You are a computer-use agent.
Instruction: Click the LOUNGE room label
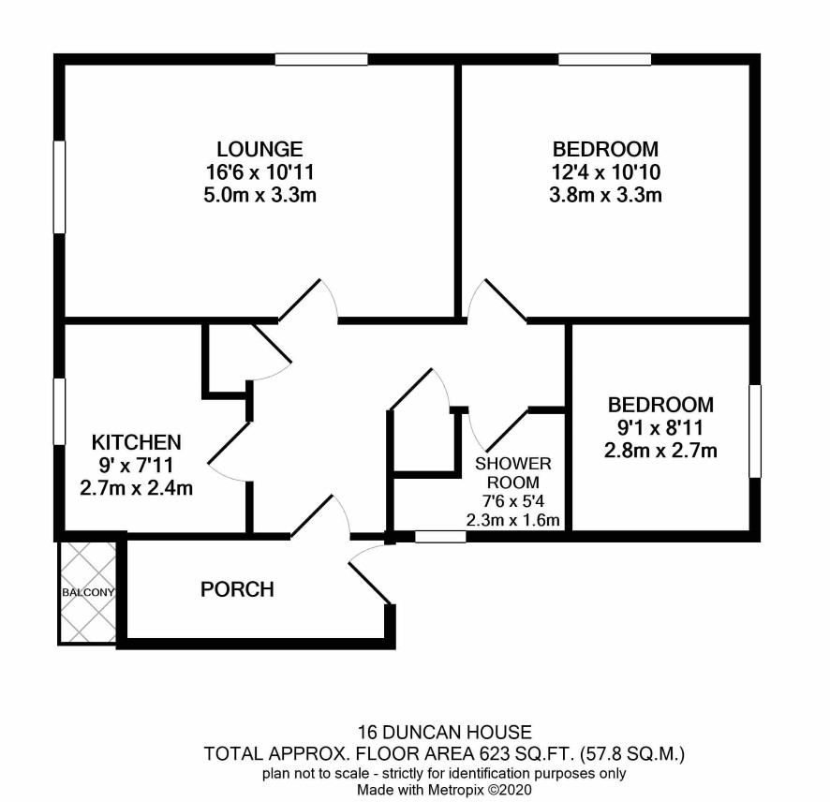click(x=259, y=149)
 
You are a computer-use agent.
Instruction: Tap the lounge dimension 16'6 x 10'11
click(x=259, y=172)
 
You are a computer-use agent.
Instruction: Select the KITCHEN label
click(x=137, y=442)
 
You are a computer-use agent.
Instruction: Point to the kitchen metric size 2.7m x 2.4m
click(x=137, y=487)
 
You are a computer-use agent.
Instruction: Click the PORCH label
click(x=237, y=589)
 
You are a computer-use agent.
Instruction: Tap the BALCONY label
click(x=88, y=592)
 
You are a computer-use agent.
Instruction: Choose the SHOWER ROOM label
click(x=513, y=473)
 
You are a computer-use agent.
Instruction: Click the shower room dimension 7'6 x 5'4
click(x=513, y=501)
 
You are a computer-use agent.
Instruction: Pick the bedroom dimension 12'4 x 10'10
click(x=605, y=172)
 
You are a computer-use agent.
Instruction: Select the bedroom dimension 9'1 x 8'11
click(x=660, y=427)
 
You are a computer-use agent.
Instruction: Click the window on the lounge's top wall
click(x=321, y=59)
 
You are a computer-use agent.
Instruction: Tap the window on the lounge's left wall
click(x=59, y=186)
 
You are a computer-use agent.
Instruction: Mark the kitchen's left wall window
click(x=59, y=411)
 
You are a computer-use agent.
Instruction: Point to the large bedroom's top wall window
click(x=604, y=59)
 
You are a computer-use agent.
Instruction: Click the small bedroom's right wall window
click(x=755, y=431)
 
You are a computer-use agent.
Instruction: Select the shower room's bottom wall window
click(x=440, y=537)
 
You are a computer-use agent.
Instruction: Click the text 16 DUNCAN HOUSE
click(x=445, y=732)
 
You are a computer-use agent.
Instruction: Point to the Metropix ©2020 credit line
click(x=444, y=791)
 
